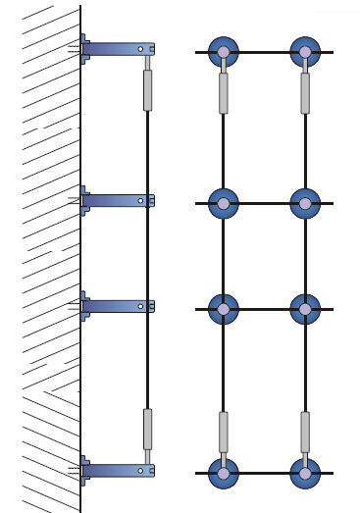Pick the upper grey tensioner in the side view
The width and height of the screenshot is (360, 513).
point(148,89)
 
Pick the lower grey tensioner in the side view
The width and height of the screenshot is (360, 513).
point(148,429)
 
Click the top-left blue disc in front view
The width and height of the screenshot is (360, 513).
point(224,52)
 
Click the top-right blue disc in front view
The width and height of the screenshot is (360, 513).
point(305,52)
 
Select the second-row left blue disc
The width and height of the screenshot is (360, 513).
point(224,203)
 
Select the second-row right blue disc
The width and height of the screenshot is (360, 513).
point(305,203)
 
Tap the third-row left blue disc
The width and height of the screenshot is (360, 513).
point(224,309)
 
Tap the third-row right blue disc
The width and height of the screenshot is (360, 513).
point(305,309)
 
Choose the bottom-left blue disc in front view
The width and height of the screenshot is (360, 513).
point(224,473)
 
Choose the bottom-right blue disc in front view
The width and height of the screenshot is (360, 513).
point(305,473)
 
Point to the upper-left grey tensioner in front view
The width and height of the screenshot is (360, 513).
point(224,93)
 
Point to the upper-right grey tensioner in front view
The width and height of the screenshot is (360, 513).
point(305,93)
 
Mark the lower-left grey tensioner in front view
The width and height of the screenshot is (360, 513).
point(224,432)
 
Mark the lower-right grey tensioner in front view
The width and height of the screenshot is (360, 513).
point(305,432)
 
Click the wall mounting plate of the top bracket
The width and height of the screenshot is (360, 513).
point(84,48)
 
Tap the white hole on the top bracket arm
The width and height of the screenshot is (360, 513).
point(141,48)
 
